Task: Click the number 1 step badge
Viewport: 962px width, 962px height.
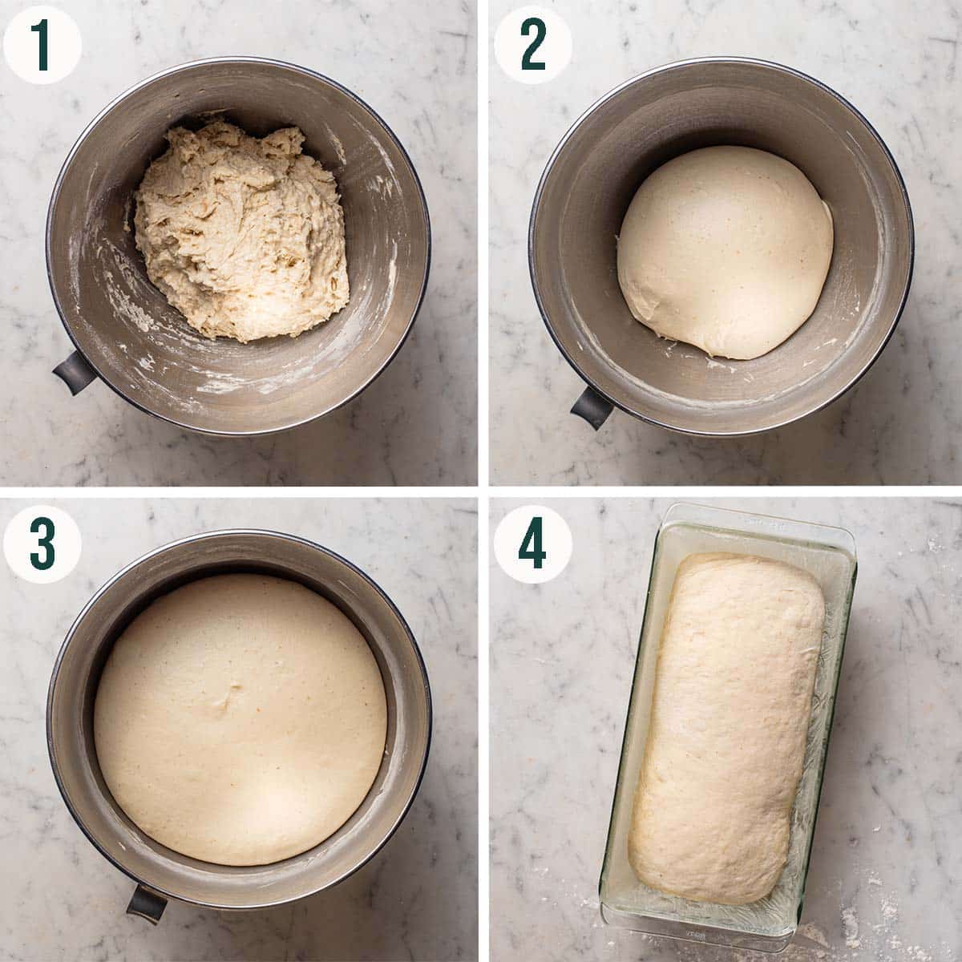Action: [42, 44]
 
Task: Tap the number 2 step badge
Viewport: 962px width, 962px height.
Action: [532, 44]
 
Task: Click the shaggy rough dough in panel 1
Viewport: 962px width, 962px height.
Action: [240, 228]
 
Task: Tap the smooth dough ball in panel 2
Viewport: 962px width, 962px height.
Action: [726, 249]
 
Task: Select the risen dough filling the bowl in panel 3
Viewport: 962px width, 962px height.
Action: [240, 717]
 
